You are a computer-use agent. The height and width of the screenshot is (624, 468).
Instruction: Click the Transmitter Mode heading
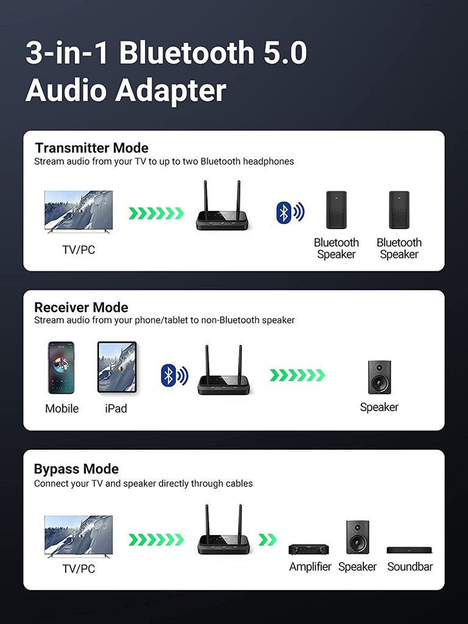point(91,148)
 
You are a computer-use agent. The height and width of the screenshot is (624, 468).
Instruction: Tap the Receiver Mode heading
point(81,307)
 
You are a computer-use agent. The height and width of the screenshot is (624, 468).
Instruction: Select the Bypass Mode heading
point(76,469)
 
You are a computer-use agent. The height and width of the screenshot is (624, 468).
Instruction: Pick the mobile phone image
point(61,367)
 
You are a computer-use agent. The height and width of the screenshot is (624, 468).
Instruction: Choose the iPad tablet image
point(117,367)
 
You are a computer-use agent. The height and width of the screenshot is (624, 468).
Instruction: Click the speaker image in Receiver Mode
point(379,377)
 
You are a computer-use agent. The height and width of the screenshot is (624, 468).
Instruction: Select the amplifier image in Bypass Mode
point(308,549)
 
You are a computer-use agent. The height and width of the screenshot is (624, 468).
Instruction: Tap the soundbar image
point(409,550)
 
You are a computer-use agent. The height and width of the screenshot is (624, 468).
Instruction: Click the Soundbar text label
point(410,567)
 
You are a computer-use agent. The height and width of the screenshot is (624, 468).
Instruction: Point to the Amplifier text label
point(310,567)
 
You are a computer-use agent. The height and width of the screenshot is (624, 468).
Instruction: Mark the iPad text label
point(116,408)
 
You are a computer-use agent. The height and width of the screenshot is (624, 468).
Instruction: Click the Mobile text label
point(62,408)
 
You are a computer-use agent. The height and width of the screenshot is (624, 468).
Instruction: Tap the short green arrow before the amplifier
point(268,539)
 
